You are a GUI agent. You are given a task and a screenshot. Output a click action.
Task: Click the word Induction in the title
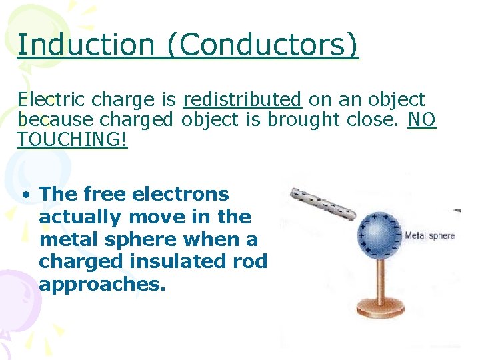[85, 45]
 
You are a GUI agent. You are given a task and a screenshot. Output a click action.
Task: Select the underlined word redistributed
[242, 100]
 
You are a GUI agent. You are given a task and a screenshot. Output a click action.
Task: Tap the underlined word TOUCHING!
[72, 139]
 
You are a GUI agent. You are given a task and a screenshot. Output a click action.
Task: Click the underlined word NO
[422, 120]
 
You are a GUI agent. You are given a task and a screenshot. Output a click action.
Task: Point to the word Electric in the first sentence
[52, 100]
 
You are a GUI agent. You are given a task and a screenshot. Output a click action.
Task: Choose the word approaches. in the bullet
[101, 285]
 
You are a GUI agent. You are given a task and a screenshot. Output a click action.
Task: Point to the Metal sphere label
[430, 235]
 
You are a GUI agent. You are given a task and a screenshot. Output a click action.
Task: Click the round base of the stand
[379, 309]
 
